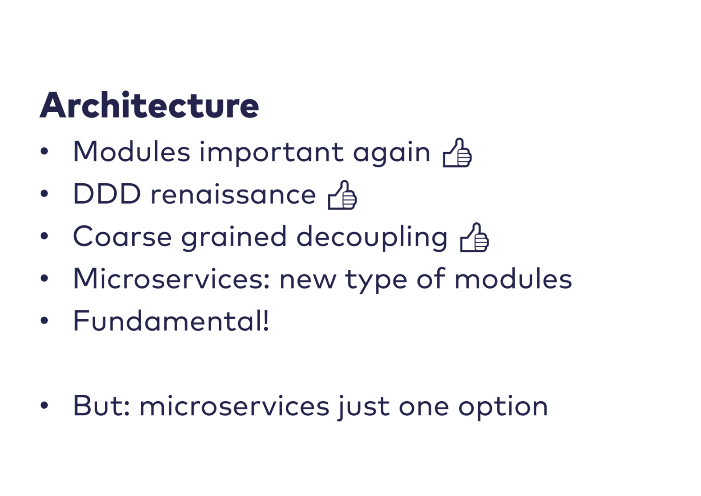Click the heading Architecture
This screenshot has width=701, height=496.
[149, 105]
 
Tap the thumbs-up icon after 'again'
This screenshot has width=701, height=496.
[457, 153]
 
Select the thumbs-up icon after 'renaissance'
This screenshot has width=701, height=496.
[342, 195]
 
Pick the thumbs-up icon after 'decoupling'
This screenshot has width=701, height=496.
[474, 237]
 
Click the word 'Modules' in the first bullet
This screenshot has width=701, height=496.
[131, 151]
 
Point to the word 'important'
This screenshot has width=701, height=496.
[272, 153]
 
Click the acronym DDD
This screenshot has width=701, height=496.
[107, 194]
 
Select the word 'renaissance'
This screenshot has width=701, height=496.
[234, 195]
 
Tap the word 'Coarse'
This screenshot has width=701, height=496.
[122, 236]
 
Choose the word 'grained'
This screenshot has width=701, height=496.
[234, 238]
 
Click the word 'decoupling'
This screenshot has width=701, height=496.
[372, 238]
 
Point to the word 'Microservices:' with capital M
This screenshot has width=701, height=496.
[171, 278]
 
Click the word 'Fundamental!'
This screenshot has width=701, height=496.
[171, 321]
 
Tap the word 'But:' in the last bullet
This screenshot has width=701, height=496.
[101, 406]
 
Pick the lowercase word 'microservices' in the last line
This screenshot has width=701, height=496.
[234, 406]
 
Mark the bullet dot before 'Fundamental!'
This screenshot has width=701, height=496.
[44, 320]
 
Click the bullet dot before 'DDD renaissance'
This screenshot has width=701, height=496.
[44, 193]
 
